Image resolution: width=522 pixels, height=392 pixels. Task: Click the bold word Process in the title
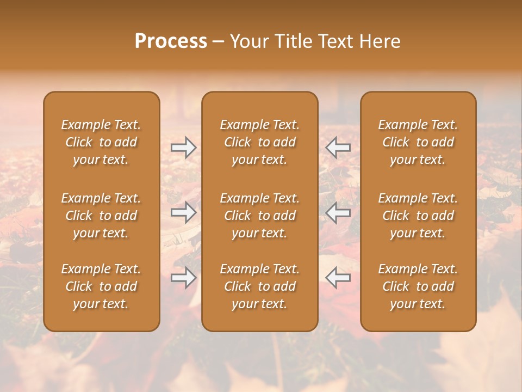pos(171,41)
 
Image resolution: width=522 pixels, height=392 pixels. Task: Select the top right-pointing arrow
pos(184,148)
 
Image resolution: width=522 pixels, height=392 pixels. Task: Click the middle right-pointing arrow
pos(184,212)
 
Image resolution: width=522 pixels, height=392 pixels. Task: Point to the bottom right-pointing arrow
pos(184,278)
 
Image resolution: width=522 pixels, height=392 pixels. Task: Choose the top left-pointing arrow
pos(338,148)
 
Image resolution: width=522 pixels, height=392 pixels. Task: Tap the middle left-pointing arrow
pos(338,212)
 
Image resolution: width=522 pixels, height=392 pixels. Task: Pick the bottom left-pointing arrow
pos(338,278)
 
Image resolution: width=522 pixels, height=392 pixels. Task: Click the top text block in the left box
pos(101,142)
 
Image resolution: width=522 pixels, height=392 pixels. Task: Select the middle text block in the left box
pos(101,216)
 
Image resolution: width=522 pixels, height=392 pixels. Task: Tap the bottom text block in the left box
pos(101,286)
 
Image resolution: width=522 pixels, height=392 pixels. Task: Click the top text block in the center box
pos(260,142)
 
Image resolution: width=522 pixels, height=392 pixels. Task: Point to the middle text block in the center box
pos(260,216)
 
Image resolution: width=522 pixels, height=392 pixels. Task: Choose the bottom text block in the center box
pos(260,286)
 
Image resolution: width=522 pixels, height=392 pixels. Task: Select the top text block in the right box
pos(418,142)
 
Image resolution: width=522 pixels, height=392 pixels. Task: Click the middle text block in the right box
pos(418,216)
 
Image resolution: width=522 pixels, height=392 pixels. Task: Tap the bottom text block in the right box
pos(418,286)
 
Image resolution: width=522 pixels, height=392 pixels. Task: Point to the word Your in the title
pos(247,41)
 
